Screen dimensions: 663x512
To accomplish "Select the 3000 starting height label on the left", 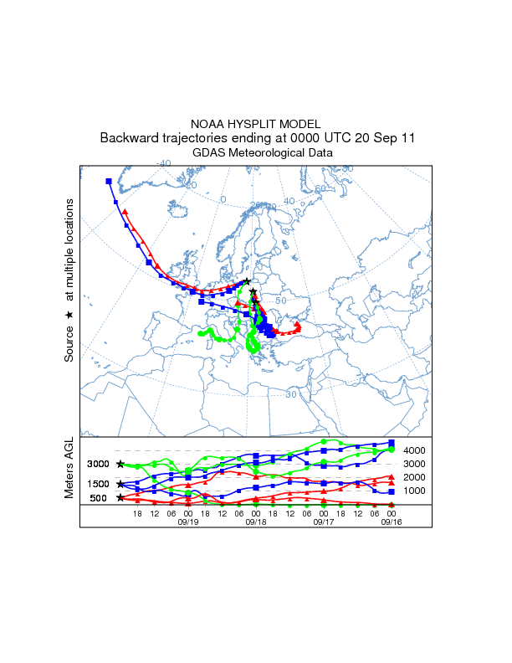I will [x=99, y=464].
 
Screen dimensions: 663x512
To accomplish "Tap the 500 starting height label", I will [x=99, y=498].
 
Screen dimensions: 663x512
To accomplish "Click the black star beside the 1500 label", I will [x=120, y=484].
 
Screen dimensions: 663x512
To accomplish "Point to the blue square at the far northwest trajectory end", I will [x=109, y=181].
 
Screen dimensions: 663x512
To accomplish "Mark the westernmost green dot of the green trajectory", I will [x=201, y=333].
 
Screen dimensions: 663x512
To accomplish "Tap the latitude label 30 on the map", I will [x=291, y=393].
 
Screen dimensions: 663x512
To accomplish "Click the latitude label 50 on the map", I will [x=281, y=301].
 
